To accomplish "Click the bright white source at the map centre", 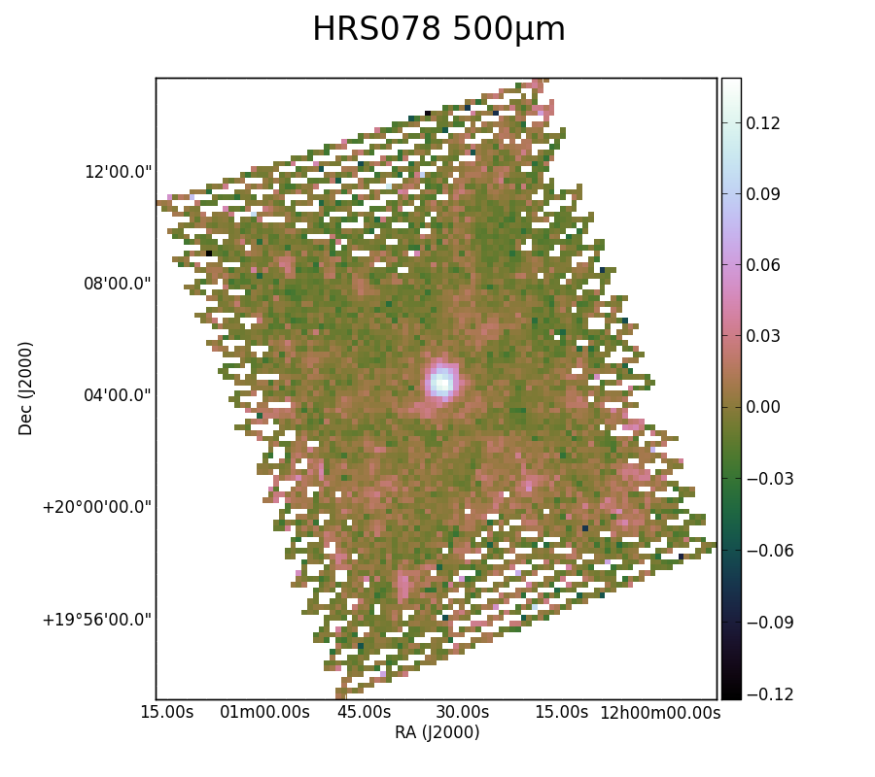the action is (442, 383).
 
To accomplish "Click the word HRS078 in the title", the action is (376, 29).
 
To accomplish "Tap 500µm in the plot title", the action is (508, 30).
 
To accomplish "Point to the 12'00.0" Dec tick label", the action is (118, 172).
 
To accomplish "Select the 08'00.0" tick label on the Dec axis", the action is (118, 284).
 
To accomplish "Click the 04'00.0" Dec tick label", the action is (118, 395).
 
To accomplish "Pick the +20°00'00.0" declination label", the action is (97, 508).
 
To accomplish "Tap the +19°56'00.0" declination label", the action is (97, 620).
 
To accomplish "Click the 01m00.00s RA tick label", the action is (264, 712).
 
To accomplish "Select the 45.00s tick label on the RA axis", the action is (364, 712).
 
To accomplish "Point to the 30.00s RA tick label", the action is (463, 712).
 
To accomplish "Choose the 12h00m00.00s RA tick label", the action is (660, 712).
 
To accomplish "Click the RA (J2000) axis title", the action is (437, 732).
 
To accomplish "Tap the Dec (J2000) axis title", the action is (25, 388).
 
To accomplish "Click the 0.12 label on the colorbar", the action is (763, 123).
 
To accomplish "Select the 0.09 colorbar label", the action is (763, 194).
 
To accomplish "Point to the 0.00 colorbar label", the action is (763, 407).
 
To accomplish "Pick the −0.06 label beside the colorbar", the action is (770, 551).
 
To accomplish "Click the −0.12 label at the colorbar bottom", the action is (770, 693).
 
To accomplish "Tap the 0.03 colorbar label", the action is (763, 336).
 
